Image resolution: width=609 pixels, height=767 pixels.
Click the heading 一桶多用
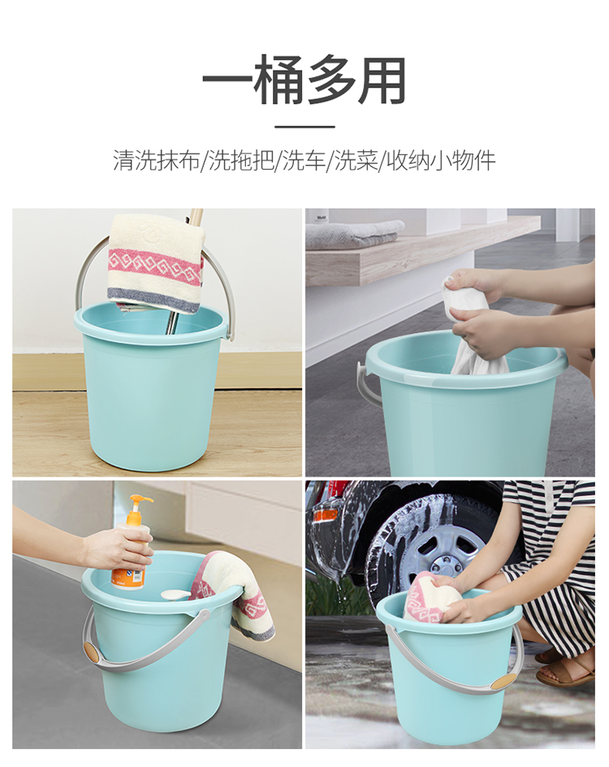click(304, 80)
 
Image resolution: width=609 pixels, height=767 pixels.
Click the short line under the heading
click(304, 127)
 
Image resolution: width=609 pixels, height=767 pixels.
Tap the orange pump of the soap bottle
click(140, 505)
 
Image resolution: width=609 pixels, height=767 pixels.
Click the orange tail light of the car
click(325, 514)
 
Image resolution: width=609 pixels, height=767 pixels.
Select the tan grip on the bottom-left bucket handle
click(92, 652)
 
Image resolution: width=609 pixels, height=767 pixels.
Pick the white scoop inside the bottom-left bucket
click(176, 594)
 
